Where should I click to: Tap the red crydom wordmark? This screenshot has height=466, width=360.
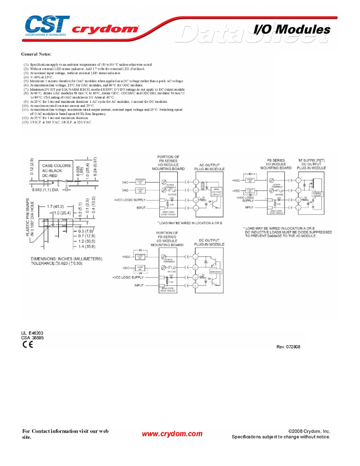click(x=105, y=29)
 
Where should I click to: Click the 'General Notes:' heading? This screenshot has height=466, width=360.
click(x=36, y=54)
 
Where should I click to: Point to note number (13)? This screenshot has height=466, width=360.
click(x=25, y=122)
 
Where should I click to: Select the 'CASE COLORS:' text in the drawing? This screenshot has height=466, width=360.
click(x=57, y=166)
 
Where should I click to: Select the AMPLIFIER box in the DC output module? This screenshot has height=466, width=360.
click(x=216, y=271)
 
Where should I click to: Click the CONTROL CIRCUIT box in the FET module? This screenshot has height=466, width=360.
click(x=317, y=194)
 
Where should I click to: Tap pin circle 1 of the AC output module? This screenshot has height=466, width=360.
click(x=195, y=182)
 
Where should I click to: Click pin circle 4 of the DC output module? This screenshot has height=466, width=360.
click(x=195, y=286)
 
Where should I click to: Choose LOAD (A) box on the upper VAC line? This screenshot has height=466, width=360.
click(x=140, y=182)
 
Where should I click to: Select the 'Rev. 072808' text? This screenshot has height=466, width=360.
click(x=288, y=347)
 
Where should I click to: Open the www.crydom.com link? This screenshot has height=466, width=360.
click(x=172, y=433)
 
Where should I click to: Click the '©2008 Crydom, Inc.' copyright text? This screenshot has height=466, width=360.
click(x=309, y=431)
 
